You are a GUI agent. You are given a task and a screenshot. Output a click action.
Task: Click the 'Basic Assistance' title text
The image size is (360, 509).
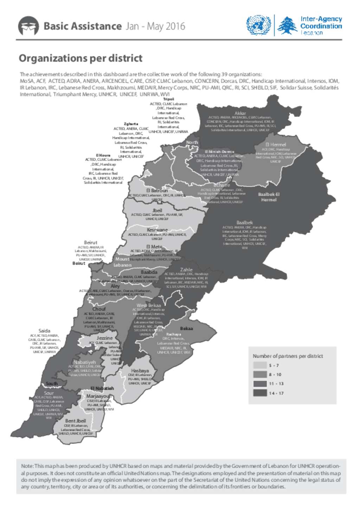(x=82, y=26)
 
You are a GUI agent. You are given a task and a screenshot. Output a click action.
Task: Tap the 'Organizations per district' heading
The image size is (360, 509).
(x=81, y=58)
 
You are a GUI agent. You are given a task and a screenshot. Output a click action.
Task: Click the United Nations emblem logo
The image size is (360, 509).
(x=258, y=25)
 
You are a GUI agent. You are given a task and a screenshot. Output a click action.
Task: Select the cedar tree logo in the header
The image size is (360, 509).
(x=287, y=25)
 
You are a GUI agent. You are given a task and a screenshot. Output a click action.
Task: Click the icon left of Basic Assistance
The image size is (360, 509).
(x=28, y=26)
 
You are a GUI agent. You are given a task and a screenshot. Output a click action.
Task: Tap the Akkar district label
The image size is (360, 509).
(x=240, y=113)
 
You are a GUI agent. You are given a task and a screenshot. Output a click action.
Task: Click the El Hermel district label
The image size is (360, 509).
(x=276, y=144)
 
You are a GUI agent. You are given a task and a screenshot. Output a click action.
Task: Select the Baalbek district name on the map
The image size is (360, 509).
(x=244, y=222)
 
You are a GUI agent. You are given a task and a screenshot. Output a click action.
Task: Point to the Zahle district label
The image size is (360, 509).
(x=186, y=269)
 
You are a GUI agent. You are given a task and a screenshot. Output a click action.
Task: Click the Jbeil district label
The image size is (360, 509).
(x=157, y=210)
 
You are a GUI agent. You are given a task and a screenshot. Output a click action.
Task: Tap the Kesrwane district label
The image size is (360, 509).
(x=157, y=230)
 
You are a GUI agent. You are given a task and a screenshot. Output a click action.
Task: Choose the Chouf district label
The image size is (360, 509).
(x=99, y=309)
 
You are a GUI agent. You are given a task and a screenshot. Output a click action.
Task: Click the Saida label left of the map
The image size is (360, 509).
(x=44, y=331)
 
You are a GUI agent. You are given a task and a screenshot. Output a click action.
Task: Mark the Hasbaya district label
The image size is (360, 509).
(x=140, y=371)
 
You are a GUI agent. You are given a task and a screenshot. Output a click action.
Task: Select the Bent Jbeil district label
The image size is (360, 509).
(x=75, y=420)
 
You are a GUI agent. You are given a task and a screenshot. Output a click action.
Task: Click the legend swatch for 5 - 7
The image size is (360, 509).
(x=260, y=365)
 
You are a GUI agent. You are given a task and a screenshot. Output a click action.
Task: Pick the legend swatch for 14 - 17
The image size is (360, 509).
(x=260, y=393)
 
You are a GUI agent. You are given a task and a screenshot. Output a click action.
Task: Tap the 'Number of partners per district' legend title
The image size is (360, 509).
(x=288, y=356)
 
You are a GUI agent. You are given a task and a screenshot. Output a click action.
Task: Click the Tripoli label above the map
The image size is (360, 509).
(x=168, y=99)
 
